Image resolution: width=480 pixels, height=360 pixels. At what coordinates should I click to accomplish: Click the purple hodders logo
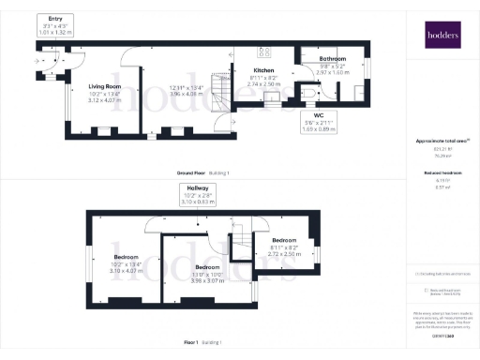[439, 37]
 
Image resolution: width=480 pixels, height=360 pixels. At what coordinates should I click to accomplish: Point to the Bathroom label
[332, 59]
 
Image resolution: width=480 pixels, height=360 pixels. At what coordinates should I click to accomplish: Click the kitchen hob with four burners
[263, 52]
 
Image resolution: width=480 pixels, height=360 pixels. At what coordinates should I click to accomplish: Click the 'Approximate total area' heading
[439, 142]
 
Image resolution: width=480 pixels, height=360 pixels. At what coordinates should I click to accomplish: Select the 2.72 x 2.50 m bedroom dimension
[286, 253]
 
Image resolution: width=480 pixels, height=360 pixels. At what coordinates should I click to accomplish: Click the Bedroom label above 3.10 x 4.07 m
[126, 257]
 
